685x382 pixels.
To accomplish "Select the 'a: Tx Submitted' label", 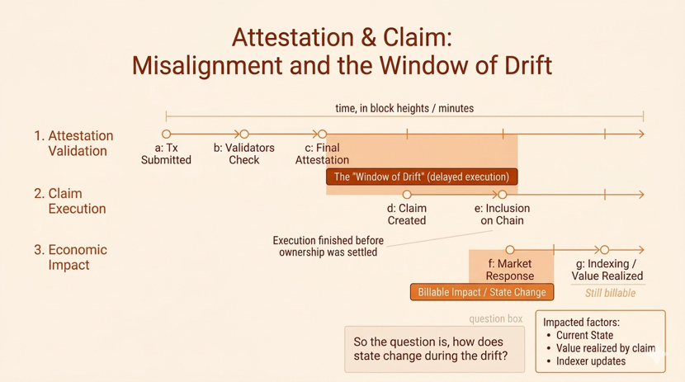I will [166, 153].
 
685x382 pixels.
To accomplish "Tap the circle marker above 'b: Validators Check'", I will [244, 134].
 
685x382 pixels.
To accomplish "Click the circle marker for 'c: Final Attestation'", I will [323, 134].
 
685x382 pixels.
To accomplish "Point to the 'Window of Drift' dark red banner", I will [422, 177].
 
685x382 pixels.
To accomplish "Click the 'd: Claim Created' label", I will [407, 215].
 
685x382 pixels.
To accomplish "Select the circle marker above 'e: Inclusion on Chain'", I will [503, 195].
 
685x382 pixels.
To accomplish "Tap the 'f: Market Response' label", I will [509, 270].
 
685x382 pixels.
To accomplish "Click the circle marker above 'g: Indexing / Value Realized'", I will [605, 249].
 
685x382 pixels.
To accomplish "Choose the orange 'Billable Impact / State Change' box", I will [482, 292].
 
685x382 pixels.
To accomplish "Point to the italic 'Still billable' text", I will [610, 293].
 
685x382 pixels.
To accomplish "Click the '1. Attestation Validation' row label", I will [74, 143].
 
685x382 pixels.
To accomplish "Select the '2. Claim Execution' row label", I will [71, 200].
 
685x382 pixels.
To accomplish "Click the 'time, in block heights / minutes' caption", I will [404, 108].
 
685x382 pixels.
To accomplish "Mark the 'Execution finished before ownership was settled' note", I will [328, 246].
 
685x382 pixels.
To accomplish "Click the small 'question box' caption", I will [495, 318].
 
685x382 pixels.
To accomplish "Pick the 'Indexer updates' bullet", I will [591, 361].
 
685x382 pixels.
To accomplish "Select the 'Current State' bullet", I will [584, 335].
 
